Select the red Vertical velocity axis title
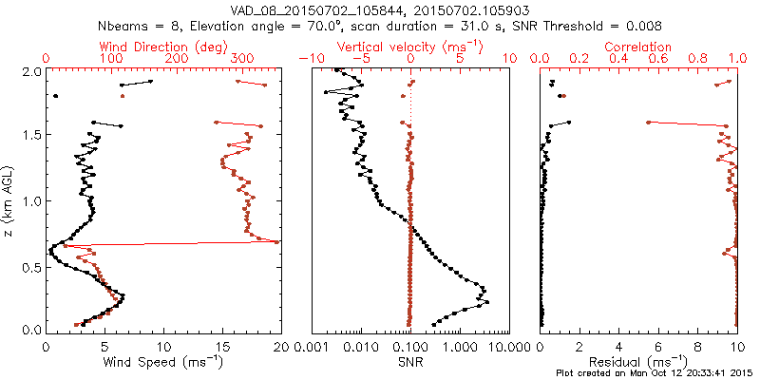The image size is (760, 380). click(409, 47)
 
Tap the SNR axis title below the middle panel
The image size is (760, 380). click(410, 362)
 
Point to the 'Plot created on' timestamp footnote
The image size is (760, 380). click(655, 373)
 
